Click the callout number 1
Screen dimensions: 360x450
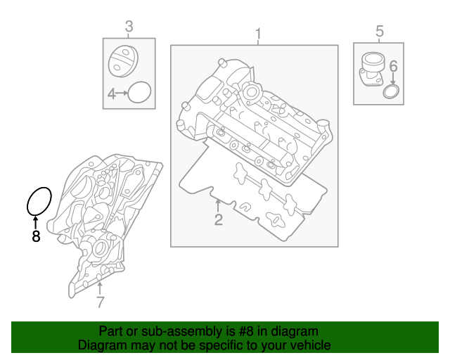258,34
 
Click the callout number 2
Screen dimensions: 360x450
219,221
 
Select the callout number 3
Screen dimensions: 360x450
129,27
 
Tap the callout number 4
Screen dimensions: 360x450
111,93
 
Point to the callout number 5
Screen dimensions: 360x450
380,31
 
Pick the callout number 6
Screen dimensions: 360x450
393,66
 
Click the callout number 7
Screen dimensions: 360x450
101,302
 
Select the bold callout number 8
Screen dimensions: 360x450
36,236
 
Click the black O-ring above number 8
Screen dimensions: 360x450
39,201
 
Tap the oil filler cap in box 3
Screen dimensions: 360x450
123,60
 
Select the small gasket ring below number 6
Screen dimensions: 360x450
392,94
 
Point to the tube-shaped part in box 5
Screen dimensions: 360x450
371,69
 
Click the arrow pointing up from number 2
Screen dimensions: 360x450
219,206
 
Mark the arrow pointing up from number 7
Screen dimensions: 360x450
101,286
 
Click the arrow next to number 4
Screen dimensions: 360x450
122,93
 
